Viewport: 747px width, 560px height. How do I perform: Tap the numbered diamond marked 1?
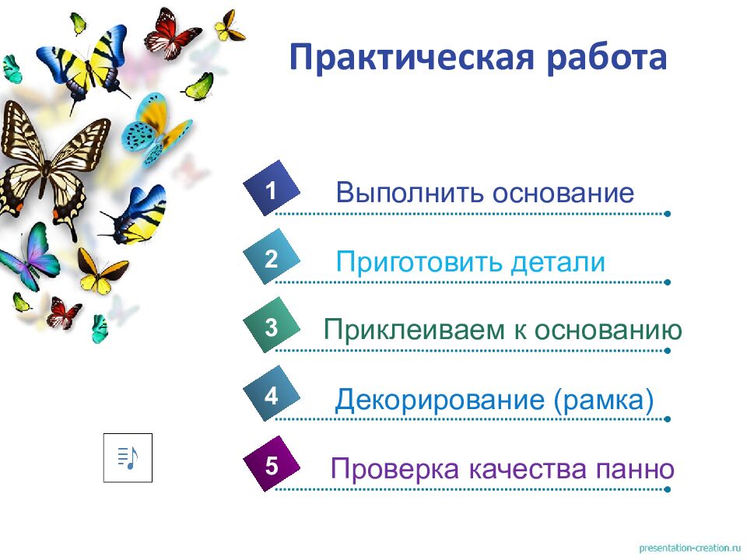271,189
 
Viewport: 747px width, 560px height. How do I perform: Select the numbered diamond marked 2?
271,258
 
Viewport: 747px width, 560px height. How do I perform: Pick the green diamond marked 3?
271,327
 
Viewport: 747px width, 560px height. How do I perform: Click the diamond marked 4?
271,397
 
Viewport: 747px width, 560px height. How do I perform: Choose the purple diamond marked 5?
271,466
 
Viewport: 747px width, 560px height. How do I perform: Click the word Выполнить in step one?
409,193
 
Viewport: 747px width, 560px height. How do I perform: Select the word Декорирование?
440,401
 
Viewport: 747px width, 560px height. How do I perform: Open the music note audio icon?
128,457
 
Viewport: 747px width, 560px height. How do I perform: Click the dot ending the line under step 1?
668,213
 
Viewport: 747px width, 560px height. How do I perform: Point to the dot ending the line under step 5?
668,490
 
